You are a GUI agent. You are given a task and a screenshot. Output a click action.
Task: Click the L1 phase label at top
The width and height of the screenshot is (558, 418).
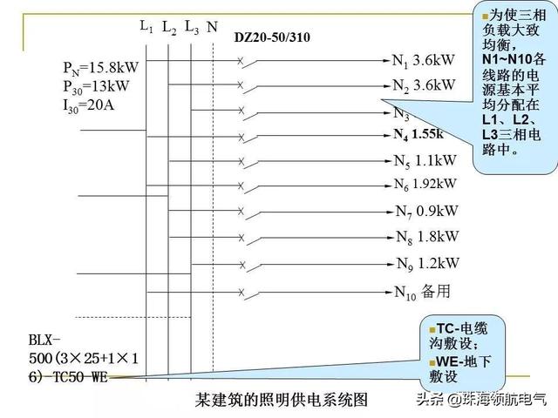(x=146, y=27)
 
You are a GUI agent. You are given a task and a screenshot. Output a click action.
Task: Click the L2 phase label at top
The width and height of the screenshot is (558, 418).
(x=169, y=30)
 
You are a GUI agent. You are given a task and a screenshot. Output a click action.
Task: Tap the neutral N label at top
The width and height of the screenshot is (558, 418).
(x=213, y=29)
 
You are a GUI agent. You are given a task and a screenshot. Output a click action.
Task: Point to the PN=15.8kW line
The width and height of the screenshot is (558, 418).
(x=100, y=67)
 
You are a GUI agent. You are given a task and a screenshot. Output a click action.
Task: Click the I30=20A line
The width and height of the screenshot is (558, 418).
(x=90, y=104)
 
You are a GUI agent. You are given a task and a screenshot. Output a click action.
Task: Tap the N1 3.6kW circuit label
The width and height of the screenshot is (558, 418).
(x=424, y=61)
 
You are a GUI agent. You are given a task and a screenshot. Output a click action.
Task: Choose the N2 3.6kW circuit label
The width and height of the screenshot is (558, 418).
(x=424, y=85)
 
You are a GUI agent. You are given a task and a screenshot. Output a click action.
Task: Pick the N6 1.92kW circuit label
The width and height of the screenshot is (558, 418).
(x=425, y=184)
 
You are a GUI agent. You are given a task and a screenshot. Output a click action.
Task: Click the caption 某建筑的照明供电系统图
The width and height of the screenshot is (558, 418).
(x=282, y=400)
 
